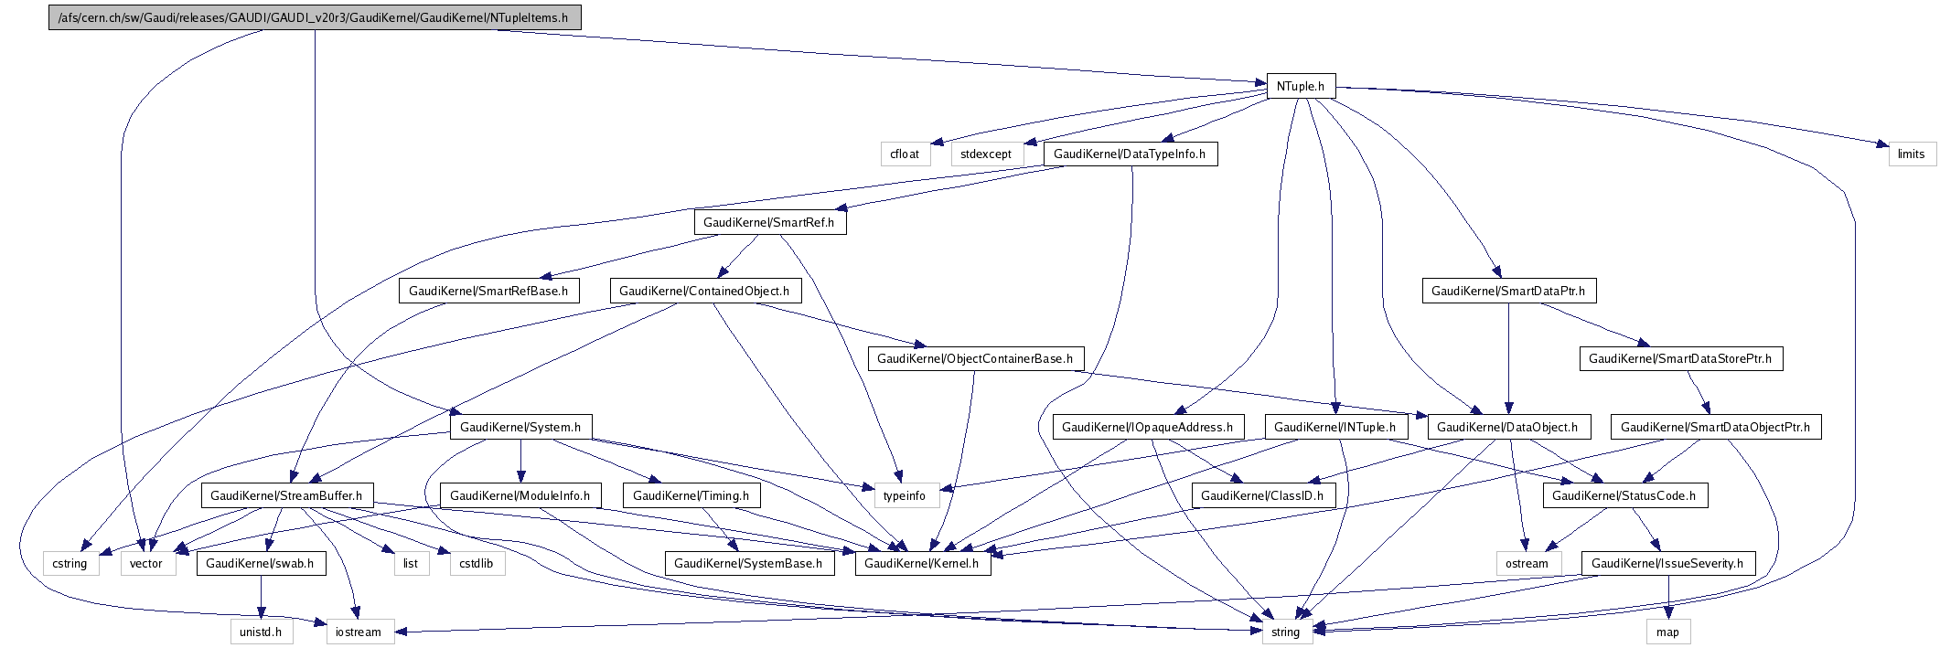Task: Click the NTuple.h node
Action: (1300, 86)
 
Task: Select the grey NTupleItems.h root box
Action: (314, 17)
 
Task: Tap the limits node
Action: (1911, 154)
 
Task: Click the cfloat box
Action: (905, 154)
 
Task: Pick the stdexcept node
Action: (986, 154)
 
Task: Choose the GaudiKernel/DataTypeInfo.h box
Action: (1130, 154)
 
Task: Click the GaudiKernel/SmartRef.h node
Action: (769, 222)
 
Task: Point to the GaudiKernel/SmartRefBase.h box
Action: (488, 291)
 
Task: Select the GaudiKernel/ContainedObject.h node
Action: (704, 291)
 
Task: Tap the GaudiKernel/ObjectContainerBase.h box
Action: (975, 358)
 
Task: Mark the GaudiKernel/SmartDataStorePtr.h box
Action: (1680, 358)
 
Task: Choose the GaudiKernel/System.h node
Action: (520, 427)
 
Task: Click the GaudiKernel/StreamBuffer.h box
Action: (286, 495)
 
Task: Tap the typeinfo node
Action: (905, 495)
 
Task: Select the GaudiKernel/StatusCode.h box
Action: (1624, 495)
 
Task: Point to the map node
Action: (1667, 632)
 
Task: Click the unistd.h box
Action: (261, 632)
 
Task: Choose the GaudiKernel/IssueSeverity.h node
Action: (1667, 563)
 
